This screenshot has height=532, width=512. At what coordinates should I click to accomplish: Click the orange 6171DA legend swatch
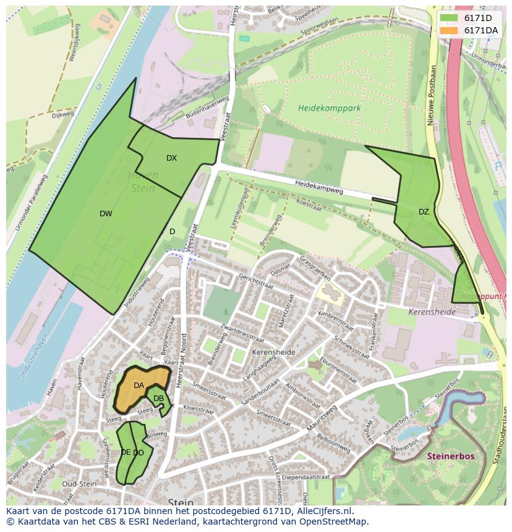tap(450, 30)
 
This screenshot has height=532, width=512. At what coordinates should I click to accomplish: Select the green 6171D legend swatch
tap(450, 18)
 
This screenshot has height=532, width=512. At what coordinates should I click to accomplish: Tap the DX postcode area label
tap(171, 158)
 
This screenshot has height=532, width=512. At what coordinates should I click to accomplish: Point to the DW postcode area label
tap(106, 214)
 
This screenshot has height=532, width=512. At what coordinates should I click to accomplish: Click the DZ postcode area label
tap(424, 212)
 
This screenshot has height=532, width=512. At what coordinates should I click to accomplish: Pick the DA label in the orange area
tap(139, 386)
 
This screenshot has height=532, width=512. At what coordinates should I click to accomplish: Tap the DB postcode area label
tap(158, 399)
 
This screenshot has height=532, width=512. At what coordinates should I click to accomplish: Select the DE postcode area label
tap(126, 452)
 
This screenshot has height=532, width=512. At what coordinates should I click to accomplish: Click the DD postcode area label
tap(139, 453)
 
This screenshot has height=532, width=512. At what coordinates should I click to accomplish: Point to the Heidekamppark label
tap(329, 108)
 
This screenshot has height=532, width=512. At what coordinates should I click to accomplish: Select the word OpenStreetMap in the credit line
tap(337, 521)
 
